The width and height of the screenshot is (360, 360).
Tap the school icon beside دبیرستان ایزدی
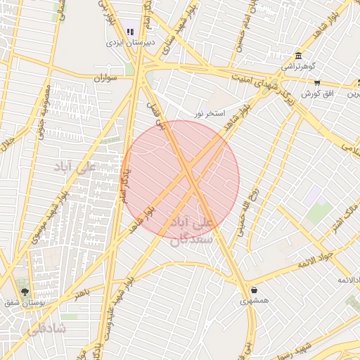coord(130,31)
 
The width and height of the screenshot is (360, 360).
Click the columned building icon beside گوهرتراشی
coord(299,56)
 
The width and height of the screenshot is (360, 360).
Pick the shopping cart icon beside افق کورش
coord(318,83)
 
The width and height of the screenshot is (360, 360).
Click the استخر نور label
coord(210,113)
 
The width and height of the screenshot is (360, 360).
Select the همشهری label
coord(254,300)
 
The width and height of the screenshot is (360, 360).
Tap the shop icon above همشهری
coord(253,290)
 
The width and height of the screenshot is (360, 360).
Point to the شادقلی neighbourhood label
coord(46,328)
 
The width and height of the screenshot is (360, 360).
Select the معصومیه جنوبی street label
coord(42,109)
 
